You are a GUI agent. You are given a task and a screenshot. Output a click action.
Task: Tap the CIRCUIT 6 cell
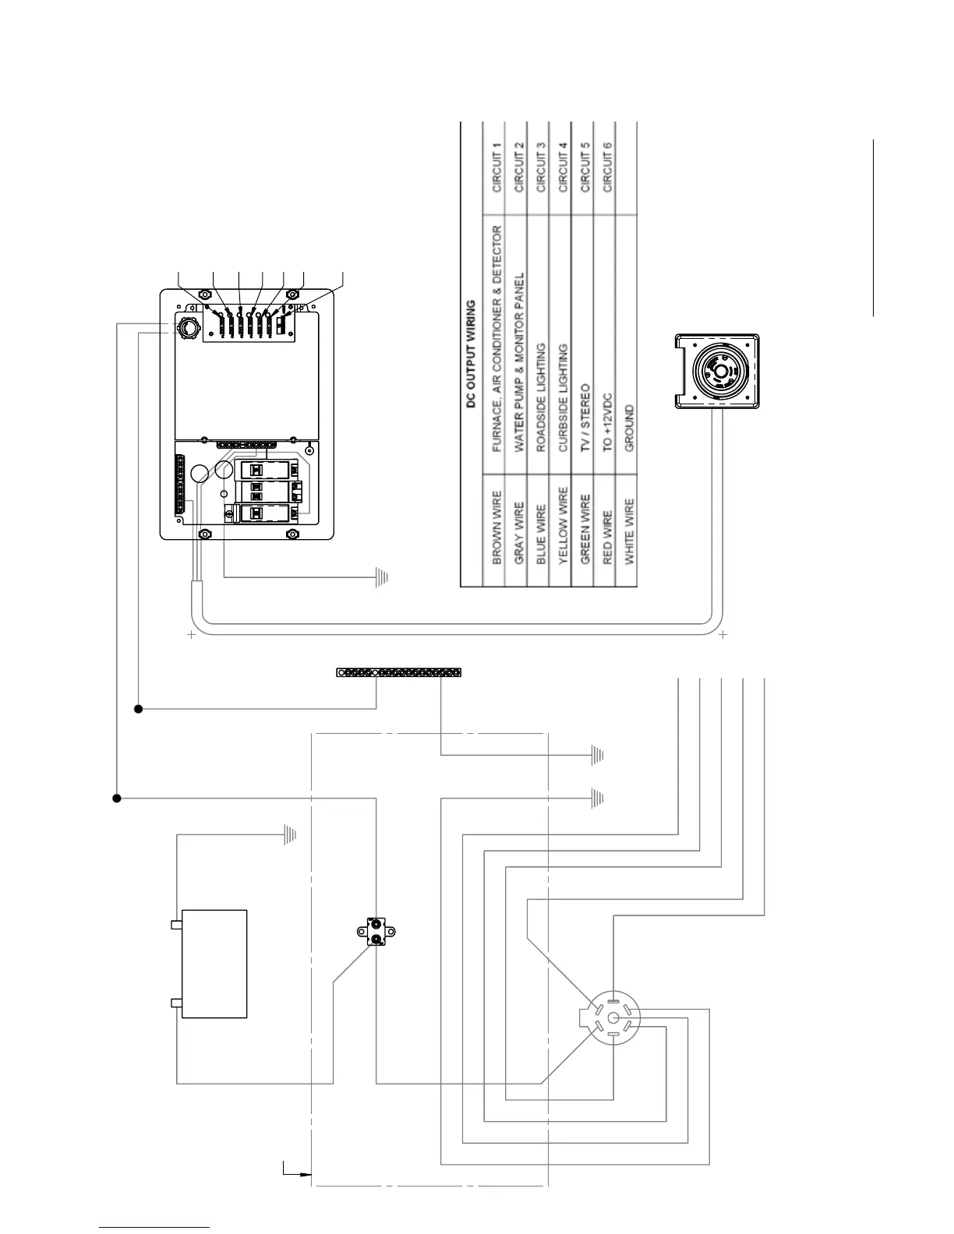click(607, 167)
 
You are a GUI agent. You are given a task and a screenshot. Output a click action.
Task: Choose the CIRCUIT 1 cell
click(496, 167)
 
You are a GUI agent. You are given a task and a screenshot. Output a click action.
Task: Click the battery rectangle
click(214, 964)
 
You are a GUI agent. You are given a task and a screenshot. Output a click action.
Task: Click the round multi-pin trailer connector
click(612, 1018)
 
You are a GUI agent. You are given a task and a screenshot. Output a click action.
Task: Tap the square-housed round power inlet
click(716, 371)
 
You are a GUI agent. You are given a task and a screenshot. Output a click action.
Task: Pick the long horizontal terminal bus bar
click(398, 672)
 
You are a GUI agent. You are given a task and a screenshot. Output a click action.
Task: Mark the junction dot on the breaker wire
click(117, 799)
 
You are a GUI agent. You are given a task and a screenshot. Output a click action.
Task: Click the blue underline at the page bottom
click(154, 1228)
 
